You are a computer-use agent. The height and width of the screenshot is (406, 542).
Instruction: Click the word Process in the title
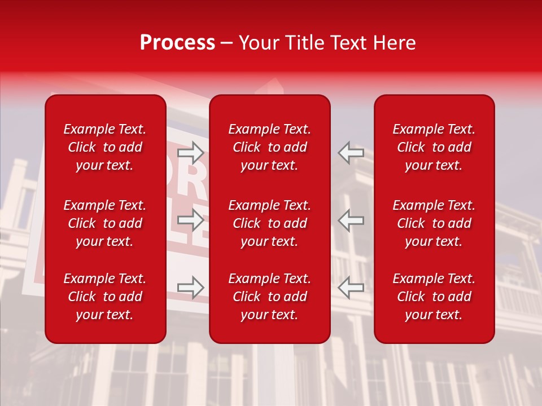click(x=177, y=43)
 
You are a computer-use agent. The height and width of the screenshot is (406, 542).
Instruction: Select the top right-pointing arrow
click(x=191, y=152)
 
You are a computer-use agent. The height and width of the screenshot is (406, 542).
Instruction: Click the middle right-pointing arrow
click(x=191, y=220)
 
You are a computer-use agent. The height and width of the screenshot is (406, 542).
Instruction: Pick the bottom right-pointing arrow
click(x=191, y=287)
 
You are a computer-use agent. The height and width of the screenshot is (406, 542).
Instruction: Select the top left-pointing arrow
click(x=351, y=152)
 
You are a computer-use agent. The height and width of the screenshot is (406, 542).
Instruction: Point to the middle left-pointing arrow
click(x=351, y=220)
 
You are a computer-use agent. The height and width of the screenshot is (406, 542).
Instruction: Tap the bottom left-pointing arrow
click(x=351, y=287)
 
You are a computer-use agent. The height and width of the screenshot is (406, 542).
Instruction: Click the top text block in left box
click(x=105, y=147)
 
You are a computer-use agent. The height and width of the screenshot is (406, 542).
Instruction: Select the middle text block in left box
click(x=105, y=223)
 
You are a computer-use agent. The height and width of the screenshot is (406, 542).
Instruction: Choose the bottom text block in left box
click(x=105, y=297)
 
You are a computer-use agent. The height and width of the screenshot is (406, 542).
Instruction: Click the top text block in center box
click(x=270, y=147)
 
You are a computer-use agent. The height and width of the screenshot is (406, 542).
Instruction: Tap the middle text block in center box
click(x=270, y=223)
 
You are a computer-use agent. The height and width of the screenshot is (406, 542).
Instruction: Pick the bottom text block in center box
click(x=270, y=297)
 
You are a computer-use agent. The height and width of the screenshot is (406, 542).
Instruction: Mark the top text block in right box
click(x=434, y=147)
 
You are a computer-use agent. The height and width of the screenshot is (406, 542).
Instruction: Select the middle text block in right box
click(x=434, y=223)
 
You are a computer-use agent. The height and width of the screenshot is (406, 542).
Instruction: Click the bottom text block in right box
click(x=434, y=297)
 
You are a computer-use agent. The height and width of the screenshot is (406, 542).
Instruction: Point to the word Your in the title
click(x=257, y=43)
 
